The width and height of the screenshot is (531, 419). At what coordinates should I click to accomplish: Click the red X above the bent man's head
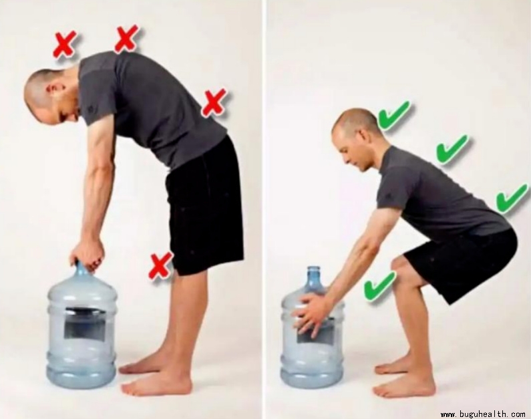[65, 45]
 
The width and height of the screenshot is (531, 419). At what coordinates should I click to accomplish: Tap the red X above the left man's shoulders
[126, 38]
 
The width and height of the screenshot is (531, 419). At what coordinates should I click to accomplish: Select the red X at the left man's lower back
[214, 103]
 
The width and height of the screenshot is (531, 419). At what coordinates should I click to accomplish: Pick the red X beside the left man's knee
[161, 266]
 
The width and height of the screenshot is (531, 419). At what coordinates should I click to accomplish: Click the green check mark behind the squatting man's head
[393, 115]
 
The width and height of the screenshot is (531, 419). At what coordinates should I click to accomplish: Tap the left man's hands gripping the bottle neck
[86, 253]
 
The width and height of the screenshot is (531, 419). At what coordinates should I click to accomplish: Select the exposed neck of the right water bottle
[314, 278]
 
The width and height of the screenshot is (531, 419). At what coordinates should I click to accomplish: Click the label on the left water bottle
[85, 324]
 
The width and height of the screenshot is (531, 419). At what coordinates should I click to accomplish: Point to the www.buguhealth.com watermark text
[482, 414]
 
